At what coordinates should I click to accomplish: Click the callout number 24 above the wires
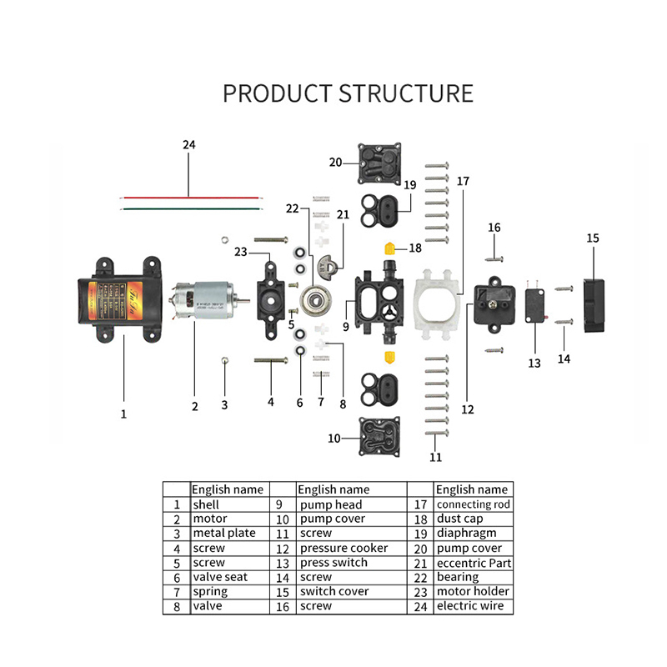pyautogui.click(x=189, y=145)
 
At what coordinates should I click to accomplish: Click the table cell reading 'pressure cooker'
pyautogui.click(x=344, y=548)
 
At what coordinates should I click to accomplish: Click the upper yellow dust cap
pyautogui.click(x=389, y=248)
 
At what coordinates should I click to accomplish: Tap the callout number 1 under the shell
pyautogui.click(x=123, y=413)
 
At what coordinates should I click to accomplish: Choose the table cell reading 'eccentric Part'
pyautogui.click(x=473, y=563)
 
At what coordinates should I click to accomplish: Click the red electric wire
pyautogui.click(x=190, y=198)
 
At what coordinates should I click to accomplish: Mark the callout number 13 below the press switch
pyautogui.click(x=534, y=363)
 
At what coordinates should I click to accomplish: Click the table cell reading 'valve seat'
pyautogui.click(x=221, y=577)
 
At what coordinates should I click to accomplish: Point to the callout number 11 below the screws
pyautogui.click(x=435, y=456)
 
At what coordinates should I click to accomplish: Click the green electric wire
pyautogui.click(x=190, y=208)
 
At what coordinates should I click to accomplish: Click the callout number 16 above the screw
pyautogui.click(x=494, y=228)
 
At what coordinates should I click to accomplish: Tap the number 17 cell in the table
pyautogui.click(x=421, y=504)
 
